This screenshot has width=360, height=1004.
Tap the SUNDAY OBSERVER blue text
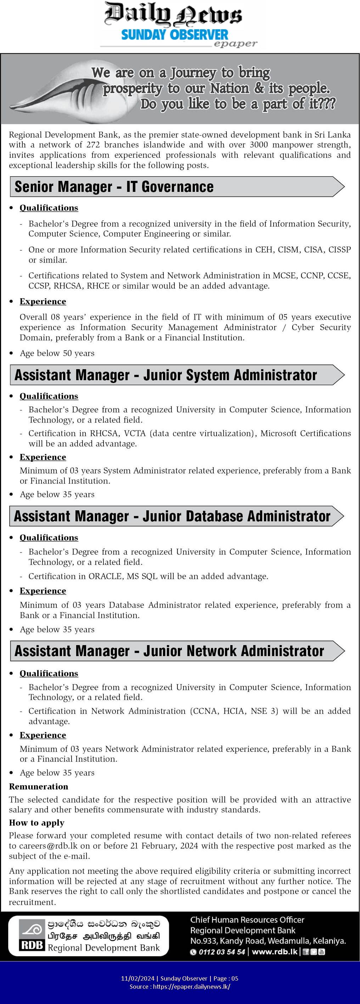[x=174, y=35]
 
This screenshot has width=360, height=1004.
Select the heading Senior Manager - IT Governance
[x=114, y=187]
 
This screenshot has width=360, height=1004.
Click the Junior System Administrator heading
[x=165, y=375]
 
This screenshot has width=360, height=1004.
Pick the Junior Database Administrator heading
[x=172, y=516]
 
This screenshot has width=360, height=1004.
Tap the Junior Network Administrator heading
[x=169, y=651]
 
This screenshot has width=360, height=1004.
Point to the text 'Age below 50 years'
[x=57, y=353]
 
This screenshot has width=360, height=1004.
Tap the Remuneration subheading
[x=39, y=787]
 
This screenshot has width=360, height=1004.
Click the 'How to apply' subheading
[x=36, y=823]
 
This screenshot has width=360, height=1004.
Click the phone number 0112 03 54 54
[x=222, y=952]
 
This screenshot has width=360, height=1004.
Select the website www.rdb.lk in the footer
[x=274, y=952]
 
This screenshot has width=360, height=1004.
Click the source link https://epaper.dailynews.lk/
[x=192, y=987]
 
